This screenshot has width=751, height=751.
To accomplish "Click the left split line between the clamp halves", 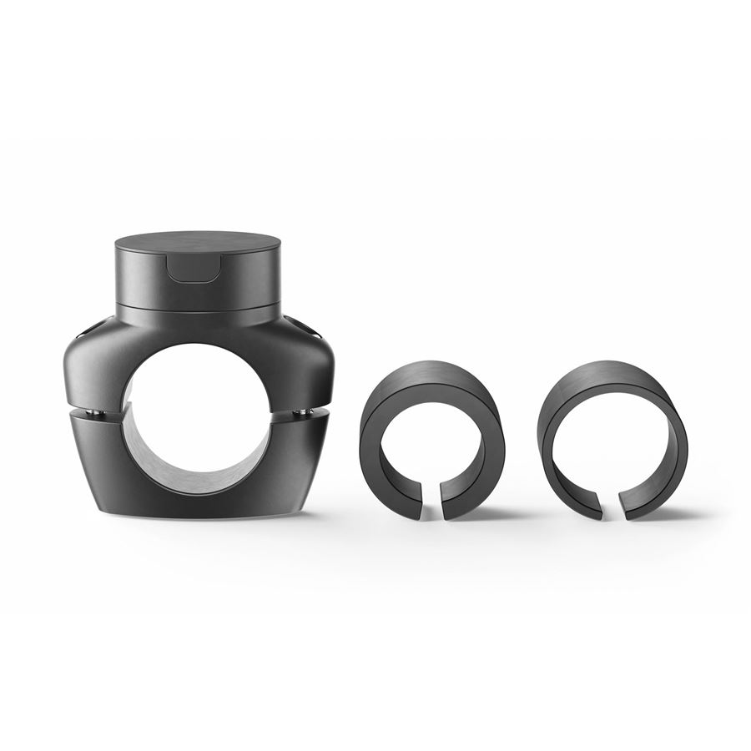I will click(92, 409).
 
